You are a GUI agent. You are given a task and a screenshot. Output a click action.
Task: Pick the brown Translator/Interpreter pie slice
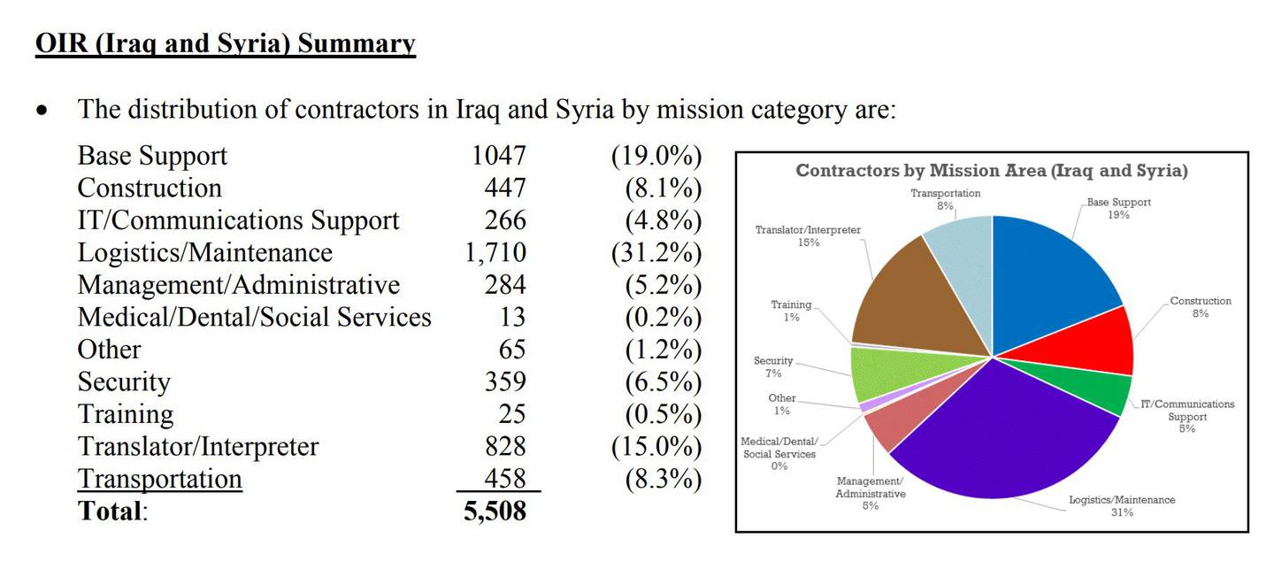click(x=916, y=302)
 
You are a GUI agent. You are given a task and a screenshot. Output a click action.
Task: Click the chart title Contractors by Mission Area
click(x=991, y=171)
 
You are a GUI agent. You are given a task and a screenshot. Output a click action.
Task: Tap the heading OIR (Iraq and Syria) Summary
click(x=226, y=43)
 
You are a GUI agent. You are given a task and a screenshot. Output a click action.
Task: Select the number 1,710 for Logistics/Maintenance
click(x=495, y=252)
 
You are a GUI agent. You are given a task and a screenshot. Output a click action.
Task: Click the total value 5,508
click(x=495, y=511)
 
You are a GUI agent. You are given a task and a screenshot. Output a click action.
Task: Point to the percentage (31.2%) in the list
click(x=656, y=253)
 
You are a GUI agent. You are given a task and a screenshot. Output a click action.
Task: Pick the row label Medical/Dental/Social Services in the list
click(x=254, y=318)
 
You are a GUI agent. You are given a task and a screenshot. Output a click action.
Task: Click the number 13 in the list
click(x=512, y=318)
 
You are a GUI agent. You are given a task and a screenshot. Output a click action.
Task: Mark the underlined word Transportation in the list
click(x=160, y=480)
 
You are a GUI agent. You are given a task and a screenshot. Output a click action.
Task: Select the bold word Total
click(x=110, y=511)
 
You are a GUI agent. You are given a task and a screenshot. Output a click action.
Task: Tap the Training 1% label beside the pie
click(x=791, y=311)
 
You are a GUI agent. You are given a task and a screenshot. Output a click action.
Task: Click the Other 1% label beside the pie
click(x=782, y=404)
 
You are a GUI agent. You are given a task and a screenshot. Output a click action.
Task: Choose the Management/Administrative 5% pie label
click(x=871, y=493)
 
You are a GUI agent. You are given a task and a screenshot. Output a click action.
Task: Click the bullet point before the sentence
click(x=42, y=111)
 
